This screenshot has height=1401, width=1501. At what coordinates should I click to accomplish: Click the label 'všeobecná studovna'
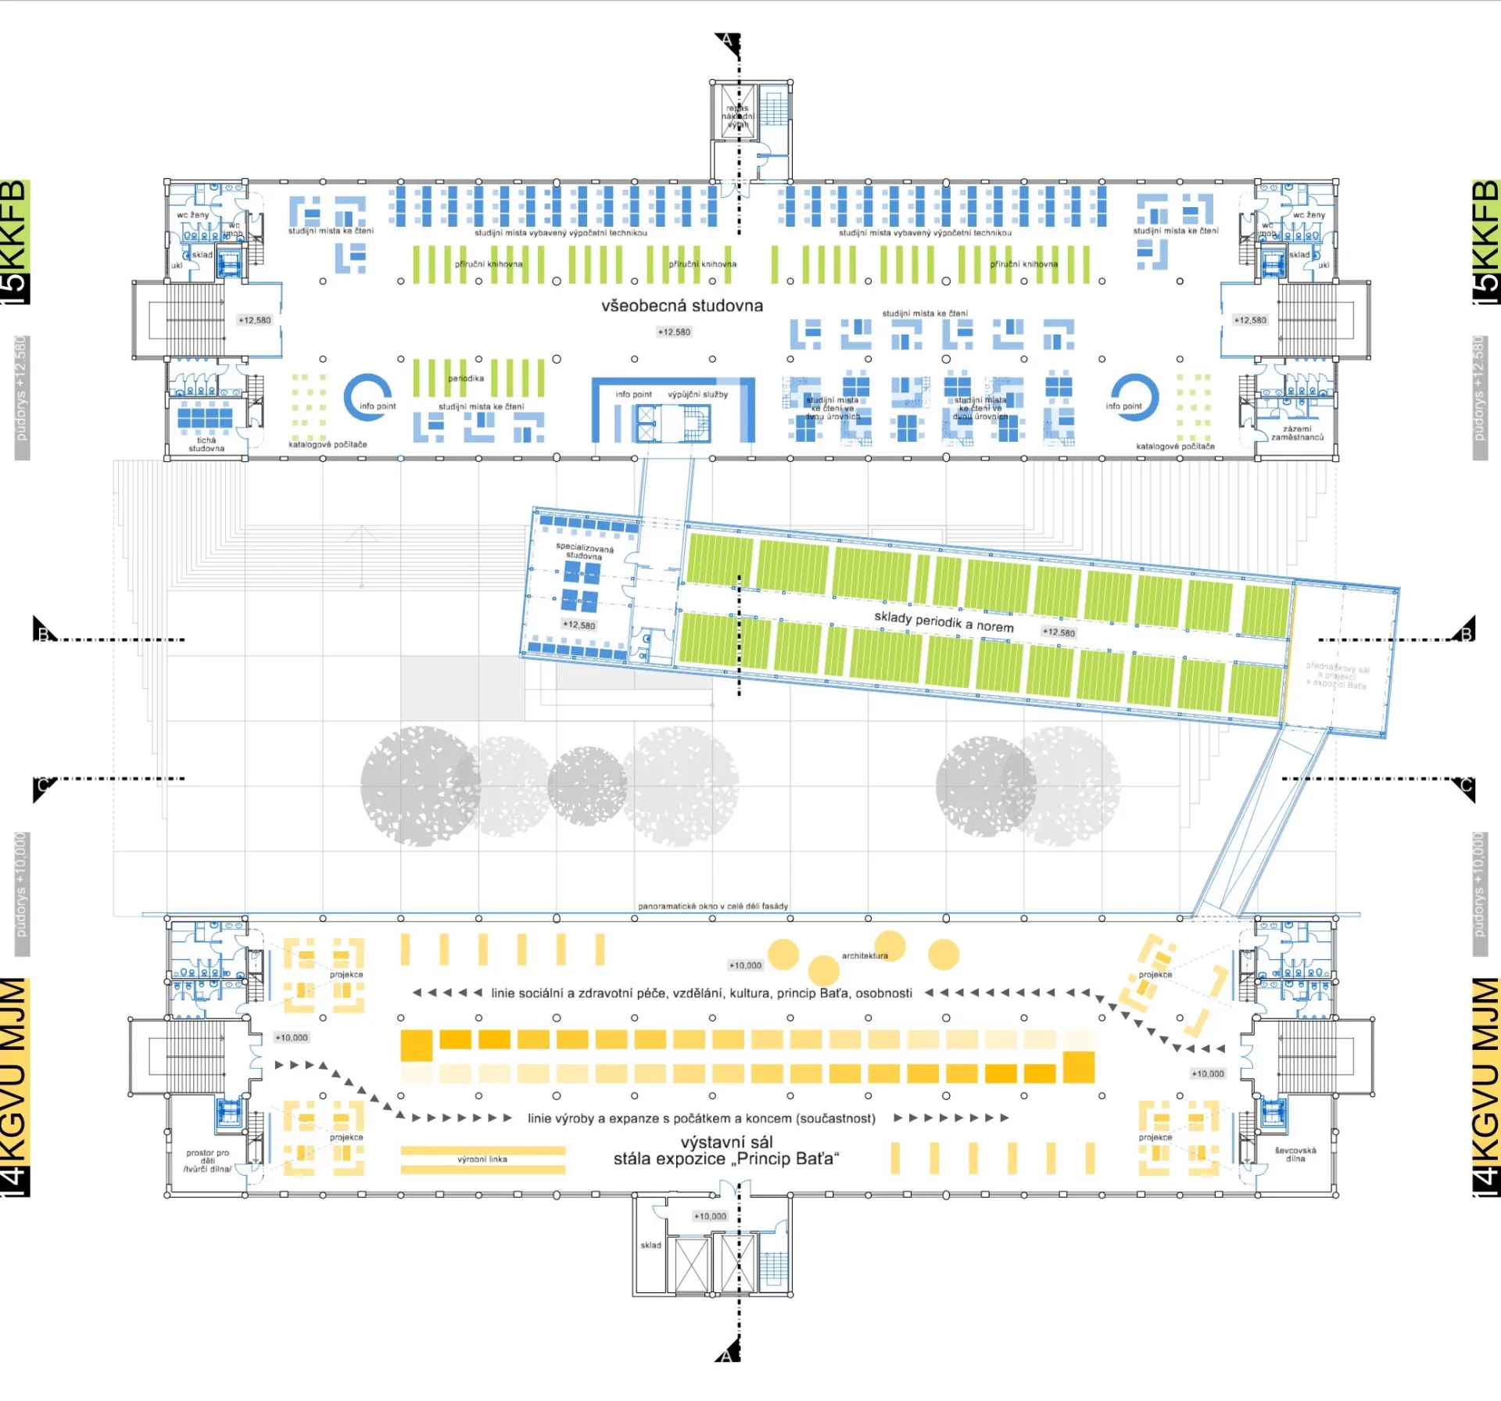(682, 306)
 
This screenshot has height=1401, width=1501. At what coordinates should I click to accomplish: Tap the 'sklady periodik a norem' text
(944, 622)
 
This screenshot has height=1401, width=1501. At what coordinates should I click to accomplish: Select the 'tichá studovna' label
(206, 444)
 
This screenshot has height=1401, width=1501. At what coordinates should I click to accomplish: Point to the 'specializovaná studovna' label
(585, 550)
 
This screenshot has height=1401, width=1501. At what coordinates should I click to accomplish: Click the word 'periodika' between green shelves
(466, 378)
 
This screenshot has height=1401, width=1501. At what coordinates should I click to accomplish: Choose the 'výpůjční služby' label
(697, 394)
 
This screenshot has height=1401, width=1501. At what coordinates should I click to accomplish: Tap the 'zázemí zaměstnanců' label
(1297, 433)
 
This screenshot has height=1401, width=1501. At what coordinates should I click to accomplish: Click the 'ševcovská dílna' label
(1295, 1154)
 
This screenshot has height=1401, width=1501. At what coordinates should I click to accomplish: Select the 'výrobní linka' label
(482, 1159)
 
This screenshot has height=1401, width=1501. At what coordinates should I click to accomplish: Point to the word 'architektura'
(865, 955)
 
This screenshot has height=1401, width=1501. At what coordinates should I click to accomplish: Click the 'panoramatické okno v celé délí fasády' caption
(713, 906)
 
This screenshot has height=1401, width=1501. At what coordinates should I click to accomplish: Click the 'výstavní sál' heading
(726, 1142)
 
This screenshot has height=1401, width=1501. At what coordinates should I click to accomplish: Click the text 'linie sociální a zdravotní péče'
(576, 993)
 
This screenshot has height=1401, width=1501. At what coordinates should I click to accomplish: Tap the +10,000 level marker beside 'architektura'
(745, 966)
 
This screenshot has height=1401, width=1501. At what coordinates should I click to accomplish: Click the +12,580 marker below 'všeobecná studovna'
(674, 332)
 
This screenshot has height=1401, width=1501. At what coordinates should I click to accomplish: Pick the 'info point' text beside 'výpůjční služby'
(633, 394)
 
